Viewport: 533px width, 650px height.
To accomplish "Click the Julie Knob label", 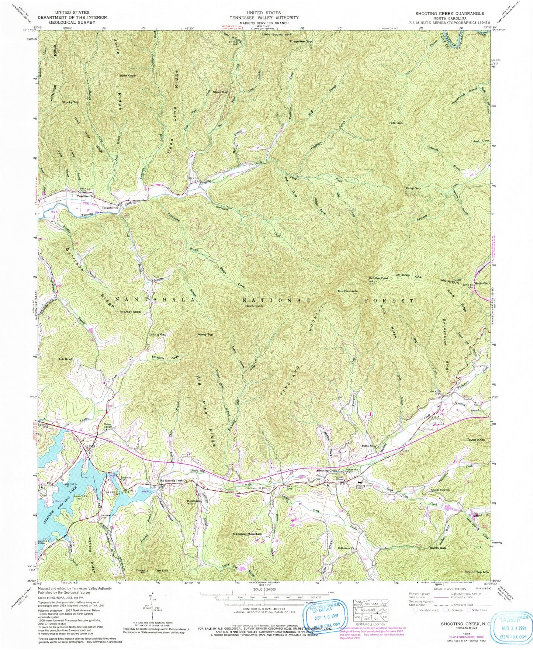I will pos(127,75).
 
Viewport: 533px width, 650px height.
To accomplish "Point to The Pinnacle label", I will pos(347,291).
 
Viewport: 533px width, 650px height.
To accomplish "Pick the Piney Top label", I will pos(205,335).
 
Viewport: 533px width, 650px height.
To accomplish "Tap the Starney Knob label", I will pos(131,312).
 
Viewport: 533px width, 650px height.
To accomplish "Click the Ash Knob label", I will pos(66,359).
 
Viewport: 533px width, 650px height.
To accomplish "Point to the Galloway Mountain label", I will pos(248,534).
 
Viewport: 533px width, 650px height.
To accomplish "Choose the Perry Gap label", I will pos(413,188).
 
